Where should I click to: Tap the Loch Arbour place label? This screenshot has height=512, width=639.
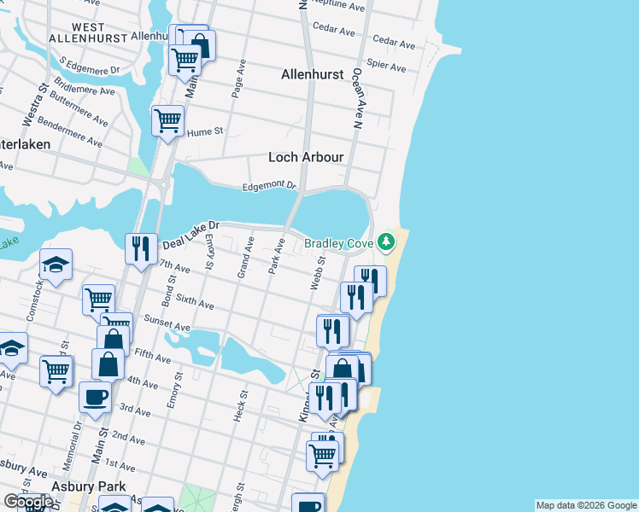tap(306, 157)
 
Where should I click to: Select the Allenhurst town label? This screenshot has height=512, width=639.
tap(313, 74)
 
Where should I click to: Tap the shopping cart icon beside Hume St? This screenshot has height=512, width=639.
tap(167, 120)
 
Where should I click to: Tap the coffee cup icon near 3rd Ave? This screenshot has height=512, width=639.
tap(94, 396)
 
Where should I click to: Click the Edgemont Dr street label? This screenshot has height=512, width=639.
tap(268, 185)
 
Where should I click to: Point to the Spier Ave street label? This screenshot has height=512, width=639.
tap(385, 65)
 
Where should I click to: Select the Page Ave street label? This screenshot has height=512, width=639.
tap(240, 78)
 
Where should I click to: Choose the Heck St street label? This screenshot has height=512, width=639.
tap(240, 407)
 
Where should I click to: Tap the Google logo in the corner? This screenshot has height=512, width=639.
tap(27, 502)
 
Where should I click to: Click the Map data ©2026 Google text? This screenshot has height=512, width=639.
tap(586, 505)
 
